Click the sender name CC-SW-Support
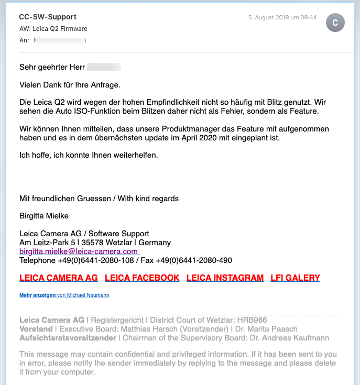point(48,17)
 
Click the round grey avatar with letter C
point(335,23)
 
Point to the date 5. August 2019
point(282,17)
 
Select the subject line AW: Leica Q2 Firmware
point(53,28)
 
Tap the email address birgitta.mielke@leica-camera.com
point(79,251)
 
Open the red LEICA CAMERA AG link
point(59,278)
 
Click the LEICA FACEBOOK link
point(142,278)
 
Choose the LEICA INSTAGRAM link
point(225,278)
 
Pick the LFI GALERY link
point(295,278)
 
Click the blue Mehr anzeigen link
point(37,295)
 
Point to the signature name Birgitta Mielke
point(44,216)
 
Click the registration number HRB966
point(252,320)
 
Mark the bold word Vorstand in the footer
point(36,329)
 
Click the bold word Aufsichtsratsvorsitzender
point(68,338)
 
